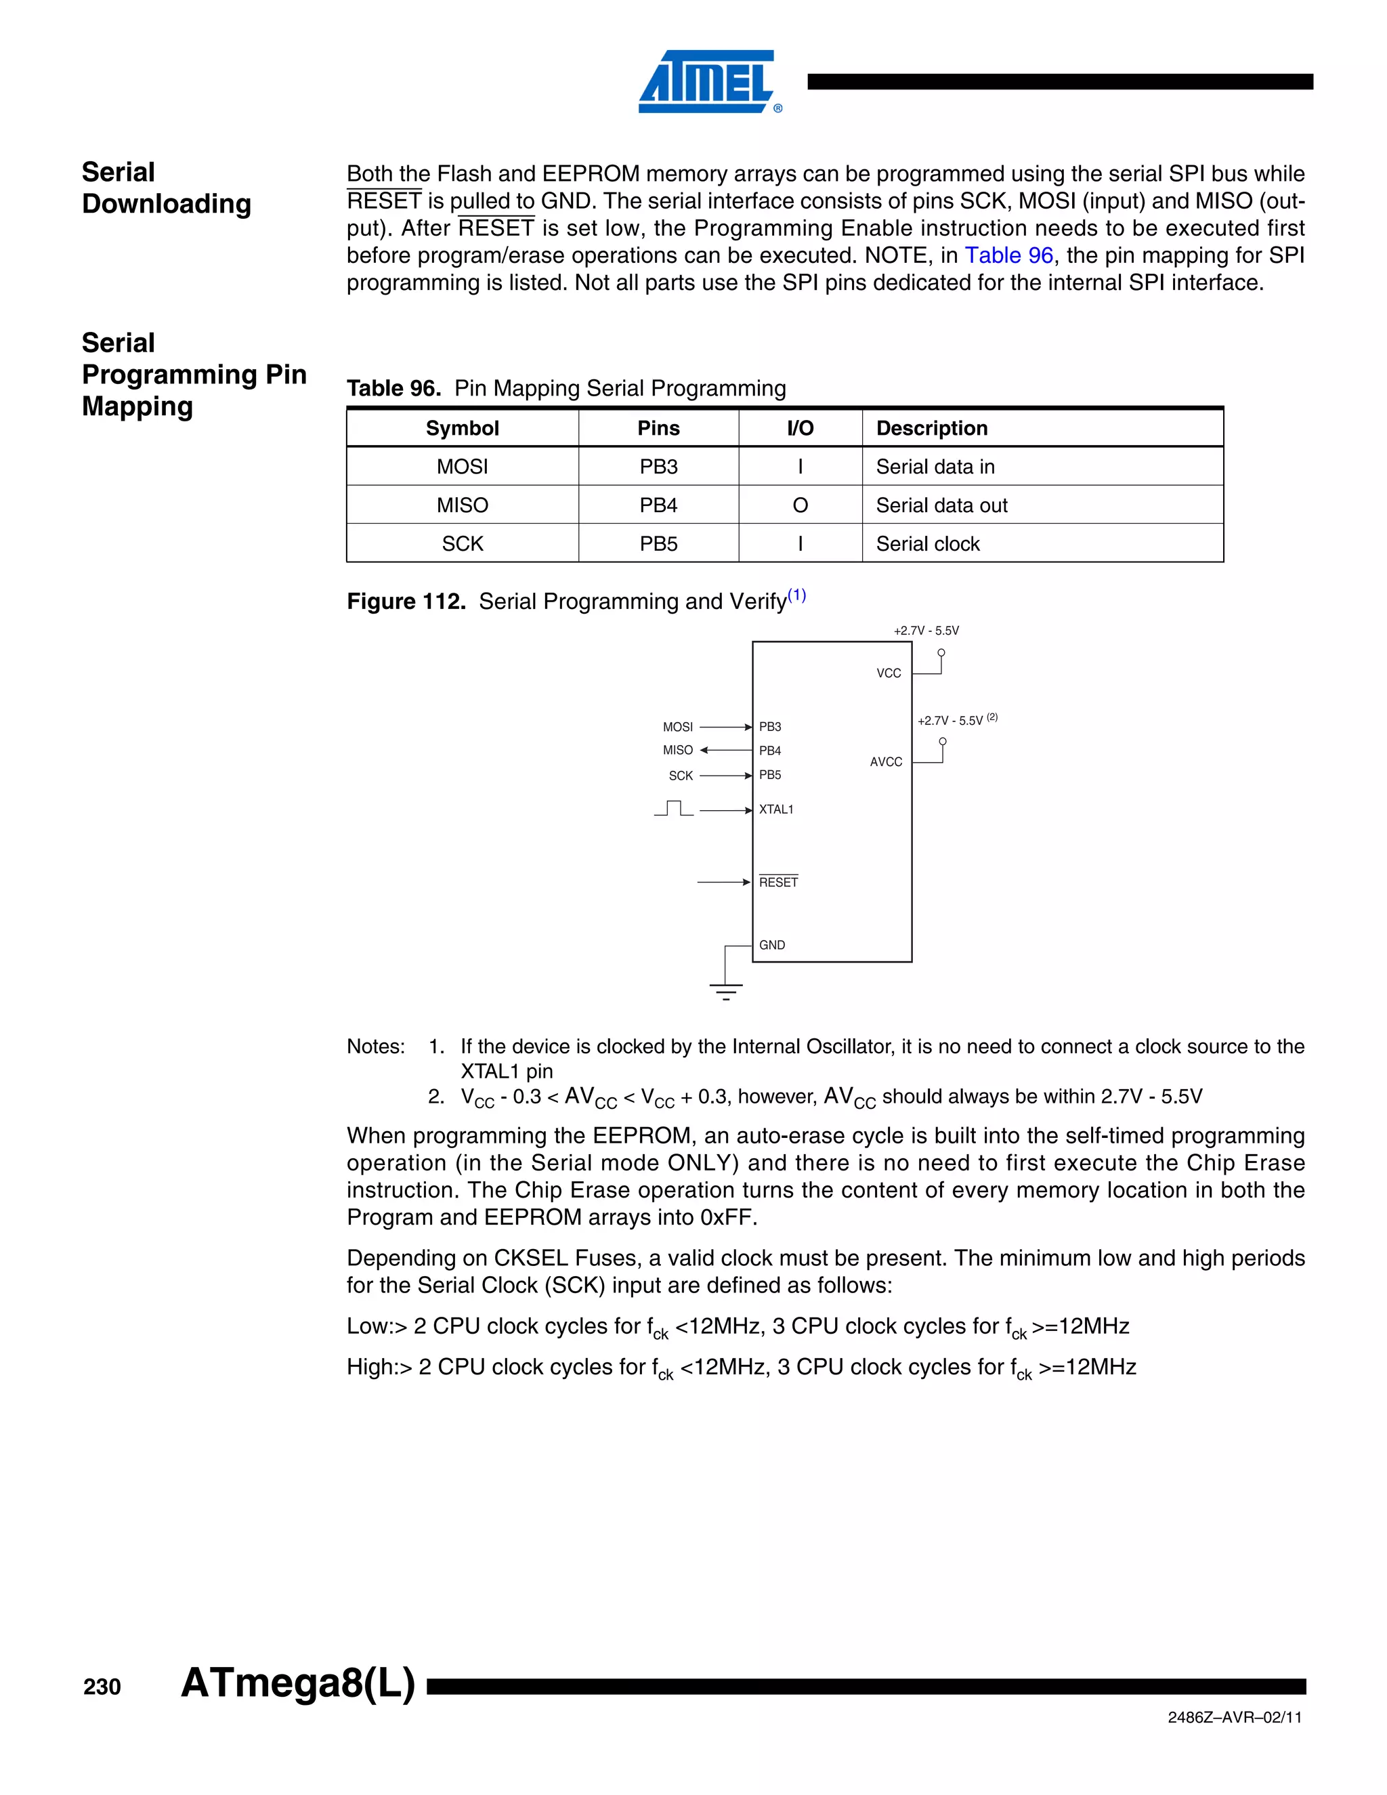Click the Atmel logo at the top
click(x=708, y=81)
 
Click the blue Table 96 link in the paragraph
click(x=1008, y=255)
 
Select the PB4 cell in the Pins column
click(x=658, y=505)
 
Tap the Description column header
click(x=932, y=428)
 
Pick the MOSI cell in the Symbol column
click(x=462, y=467)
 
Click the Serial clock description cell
click(x=928, y=544)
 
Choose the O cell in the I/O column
click(x=800, y=505)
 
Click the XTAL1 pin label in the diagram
click(x=775, y=809)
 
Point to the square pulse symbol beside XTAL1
click(x=674, y=809)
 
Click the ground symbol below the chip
click(x=725, y=991)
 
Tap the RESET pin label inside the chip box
click(x=778, y=883)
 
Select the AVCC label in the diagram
click(x=886, y=762)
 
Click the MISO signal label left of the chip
click(x=678, y=751)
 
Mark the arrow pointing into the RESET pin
click(x=723, y=883)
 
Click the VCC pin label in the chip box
click(x=889, y=673)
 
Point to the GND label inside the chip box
click(x=771, y=945)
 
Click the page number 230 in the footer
click(x=102, y=1687)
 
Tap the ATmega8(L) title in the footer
click(x=297, y=1683)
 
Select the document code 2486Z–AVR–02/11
click(x=1234, y=1717)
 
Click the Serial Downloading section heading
click(x=166, y=188)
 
